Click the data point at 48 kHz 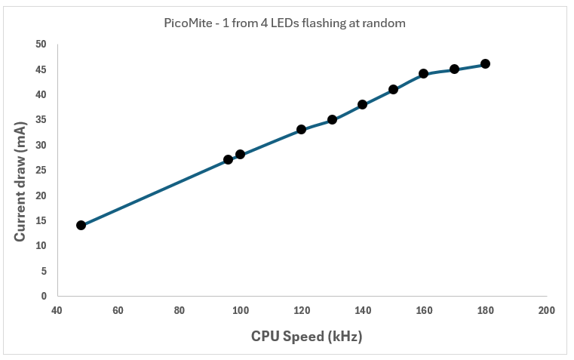[81, 225]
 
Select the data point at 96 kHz [228, 159]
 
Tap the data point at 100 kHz [240, 154]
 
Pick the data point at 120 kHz [301, 129]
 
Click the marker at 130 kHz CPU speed [332, 119]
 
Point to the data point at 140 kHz [362, 104]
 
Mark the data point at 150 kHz [393, 89]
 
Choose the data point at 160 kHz [423, 73]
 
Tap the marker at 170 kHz [454, 69]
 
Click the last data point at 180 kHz [485, 63]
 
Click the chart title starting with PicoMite [285, 23]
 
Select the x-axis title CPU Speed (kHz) [307, 336]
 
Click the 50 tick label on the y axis [41, 45]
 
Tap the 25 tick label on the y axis [41, 170]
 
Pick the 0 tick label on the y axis [44, 296]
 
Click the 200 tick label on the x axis [547, 310]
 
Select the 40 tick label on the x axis [57, 310]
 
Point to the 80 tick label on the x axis [179, 310]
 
